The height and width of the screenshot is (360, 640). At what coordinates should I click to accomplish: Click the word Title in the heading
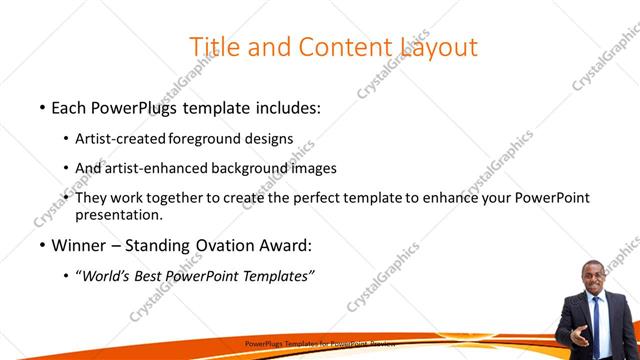[212, 46]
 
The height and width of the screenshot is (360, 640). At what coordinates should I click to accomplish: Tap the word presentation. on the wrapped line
[118, 214]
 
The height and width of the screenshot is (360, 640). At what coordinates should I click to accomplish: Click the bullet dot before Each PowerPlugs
[41, 107]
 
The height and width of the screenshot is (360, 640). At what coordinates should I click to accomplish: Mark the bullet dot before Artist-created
[66, 139]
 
